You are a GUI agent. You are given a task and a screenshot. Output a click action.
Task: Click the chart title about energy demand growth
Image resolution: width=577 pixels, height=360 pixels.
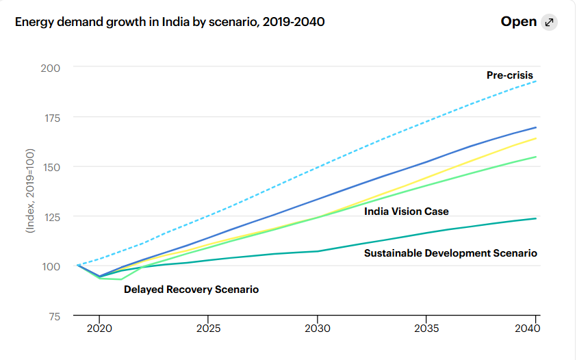169,22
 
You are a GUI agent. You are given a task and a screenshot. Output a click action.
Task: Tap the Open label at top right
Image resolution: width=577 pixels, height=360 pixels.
519,22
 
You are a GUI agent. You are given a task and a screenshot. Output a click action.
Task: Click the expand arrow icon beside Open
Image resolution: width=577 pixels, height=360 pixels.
549,22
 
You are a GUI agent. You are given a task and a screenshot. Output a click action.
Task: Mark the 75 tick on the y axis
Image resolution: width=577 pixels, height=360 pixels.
53,316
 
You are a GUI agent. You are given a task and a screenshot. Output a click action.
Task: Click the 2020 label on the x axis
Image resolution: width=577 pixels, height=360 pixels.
99,329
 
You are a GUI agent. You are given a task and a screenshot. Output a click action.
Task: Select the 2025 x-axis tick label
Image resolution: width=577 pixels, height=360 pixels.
208,329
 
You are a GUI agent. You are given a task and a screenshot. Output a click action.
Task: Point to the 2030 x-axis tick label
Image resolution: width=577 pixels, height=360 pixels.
317,329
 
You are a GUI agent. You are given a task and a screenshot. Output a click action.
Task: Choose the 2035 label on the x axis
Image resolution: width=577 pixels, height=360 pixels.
426,329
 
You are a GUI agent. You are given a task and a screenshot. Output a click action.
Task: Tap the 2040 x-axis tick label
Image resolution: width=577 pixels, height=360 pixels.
528,329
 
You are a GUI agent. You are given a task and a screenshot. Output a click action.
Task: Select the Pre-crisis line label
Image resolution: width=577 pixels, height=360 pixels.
509,75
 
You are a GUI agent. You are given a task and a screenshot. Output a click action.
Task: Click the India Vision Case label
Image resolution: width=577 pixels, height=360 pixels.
407,211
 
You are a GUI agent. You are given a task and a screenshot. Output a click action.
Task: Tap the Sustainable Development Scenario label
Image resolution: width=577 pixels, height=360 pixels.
450,253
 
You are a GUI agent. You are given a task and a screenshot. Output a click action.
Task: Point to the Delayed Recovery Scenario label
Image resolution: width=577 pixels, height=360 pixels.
191,290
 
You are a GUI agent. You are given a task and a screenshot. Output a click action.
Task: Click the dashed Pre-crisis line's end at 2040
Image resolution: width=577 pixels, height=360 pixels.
535,81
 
